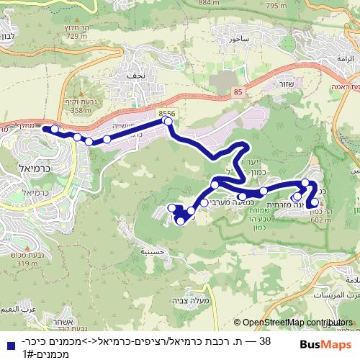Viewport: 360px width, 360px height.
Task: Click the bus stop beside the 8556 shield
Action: pyautogui.click(x=168, y=122)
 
